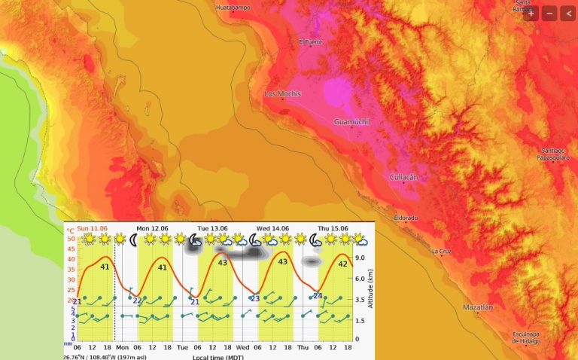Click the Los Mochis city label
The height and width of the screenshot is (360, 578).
click(282, 94)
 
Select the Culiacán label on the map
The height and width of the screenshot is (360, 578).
click(403, 176)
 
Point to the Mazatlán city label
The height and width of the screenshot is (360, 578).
click(478, 307)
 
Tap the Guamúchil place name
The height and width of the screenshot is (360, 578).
click(352, 121)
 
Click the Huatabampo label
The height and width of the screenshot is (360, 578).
click(233, 8)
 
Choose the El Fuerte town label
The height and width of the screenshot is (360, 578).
click(310, 41)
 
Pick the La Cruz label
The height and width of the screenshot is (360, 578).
click(442, 251)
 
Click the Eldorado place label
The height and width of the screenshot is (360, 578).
click(405, 218)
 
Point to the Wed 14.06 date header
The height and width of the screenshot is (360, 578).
click(272, 227)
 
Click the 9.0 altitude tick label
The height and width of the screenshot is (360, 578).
click(360, 258)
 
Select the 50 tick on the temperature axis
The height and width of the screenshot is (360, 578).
click(71, 239)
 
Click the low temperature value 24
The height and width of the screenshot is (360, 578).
click(318, 296)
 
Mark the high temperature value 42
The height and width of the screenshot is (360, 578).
click(342, 264)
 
